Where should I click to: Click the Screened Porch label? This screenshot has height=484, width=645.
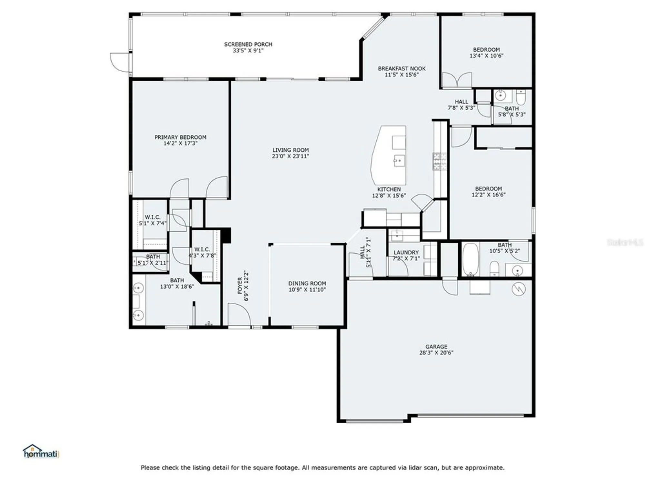click(248, 44)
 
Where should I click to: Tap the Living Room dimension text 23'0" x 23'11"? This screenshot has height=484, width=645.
click(290, 156)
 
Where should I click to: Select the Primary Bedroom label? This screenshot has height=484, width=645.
click(180, 137)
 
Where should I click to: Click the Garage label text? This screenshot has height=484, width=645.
click(436, 347)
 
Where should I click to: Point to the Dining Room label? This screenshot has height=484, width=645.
click(307, 283)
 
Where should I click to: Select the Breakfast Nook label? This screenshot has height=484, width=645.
click(402, 68)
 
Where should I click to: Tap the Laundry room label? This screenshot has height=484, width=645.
click(406, 252)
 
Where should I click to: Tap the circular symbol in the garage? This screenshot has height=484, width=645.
click(519, 289)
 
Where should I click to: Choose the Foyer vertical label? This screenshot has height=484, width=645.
click(240, 286)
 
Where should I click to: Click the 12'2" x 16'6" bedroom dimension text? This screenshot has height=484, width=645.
click(488, 195)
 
